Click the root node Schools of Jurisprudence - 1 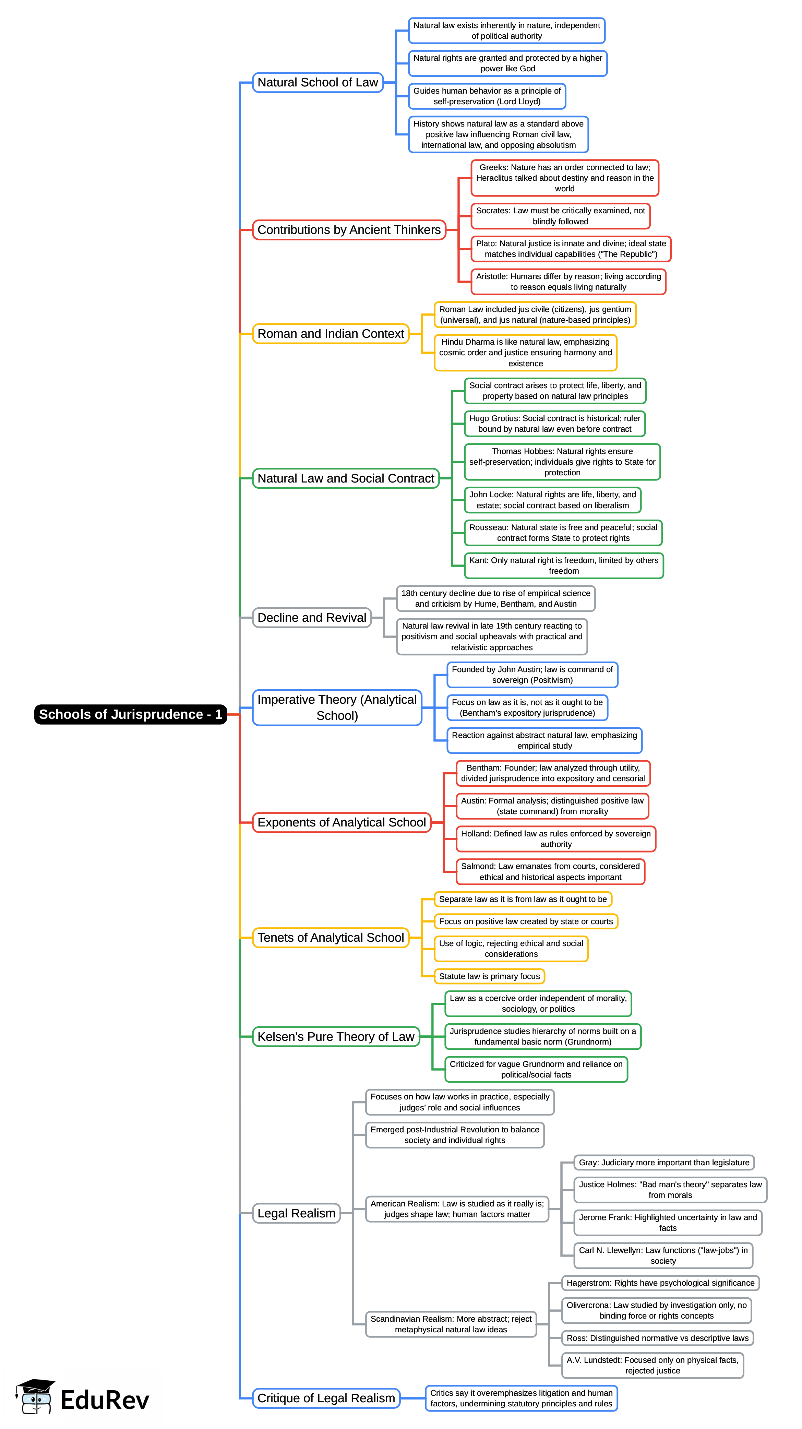click(130, 714)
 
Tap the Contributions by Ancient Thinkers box click(349, 230)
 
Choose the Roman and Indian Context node click(331, 333)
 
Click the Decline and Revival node click(312, 617)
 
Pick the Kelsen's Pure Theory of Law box click(336, 1036)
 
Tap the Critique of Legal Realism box click(326, 1397)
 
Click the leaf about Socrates click(560, 216)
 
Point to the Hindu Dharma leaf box click(525, 352)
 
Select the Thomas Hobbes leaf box click(562, 462)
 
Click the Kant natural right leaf click(563, 565)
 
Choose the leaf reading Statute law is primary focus click(489, 976)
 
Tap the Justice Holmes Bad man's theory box click(670, 1189)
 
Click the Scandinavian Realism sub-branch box click(451, 1324)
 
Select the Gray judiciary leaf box click(664, 1162)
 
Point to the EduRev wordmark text click(105, 1400)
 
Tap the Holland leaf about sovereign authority click(556, 838)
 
